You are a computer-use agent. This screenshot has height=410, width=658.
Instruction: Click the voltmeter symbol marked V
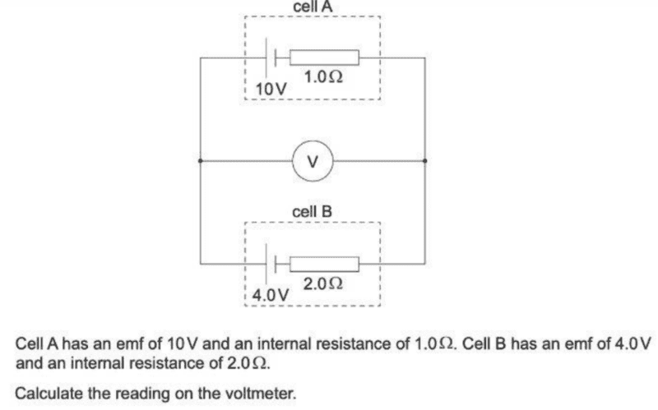[312, 160]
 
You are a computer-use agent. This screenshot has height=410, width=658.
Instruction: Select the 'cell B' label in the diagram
[313, 211]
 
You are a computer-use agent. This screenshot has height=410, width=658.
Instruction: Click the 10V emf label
[271, 88]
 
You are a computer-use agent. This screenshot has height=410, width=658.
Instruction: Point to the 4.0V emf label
[271, 293]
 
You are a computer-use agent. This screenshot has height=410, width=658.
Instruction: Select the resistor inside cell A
[325, 58]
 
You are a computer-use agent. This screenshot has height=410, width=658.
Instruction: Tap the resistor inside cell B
[325, 263]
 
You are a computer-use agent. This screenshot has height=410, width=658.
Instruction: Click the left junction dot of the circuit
[200, 161]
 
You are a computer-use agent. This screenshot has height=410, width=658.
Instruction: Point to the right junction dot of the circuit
[424, 161]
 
